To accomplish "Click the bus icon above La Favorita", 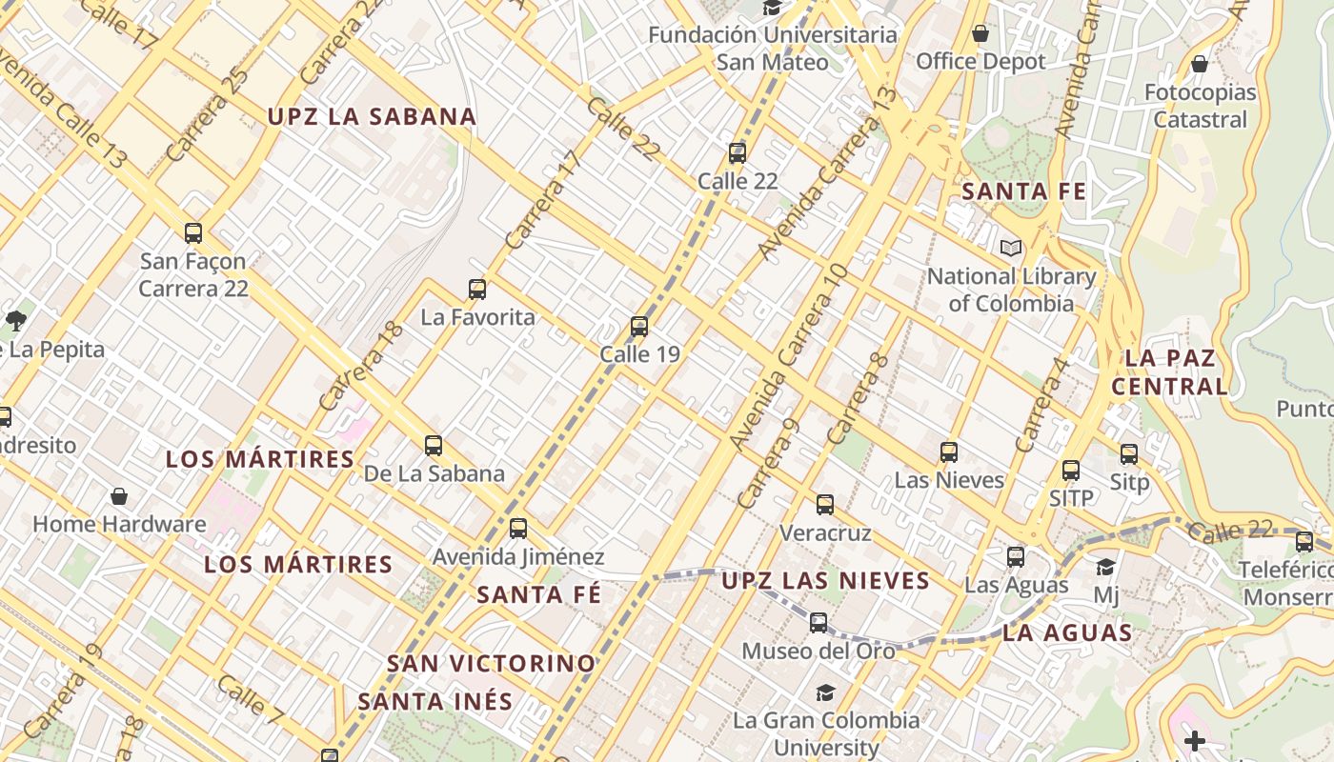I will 477,289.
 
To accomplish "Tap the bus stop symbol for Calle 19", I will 639,327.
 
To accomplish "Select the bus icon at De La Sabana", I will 434,445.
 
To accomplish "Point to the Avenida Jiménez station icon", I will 518,528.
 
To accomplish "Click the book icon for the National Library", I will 1011,249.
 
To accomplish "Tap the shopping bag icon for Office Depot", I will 980,34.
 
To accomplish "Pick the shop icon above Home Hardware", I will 119,496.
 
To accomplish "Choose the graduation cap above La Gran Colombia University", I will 825,692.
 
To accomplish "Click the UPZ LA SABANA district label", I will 372,117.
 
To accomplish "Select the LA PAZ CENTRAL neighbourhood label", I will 1170,372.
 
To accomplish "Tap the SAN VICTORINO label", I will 492,663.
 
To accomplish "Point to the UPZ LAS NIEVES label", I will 825,580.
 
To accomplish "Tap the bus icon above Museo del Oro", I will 819,623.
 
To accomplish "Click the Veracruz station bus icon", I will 825,505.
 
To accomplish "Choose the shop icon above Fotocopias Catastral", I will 1200,65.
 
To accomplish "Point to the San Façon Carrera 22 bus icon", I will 193,232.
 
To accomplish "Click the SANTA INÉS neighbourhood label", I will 435,702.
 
